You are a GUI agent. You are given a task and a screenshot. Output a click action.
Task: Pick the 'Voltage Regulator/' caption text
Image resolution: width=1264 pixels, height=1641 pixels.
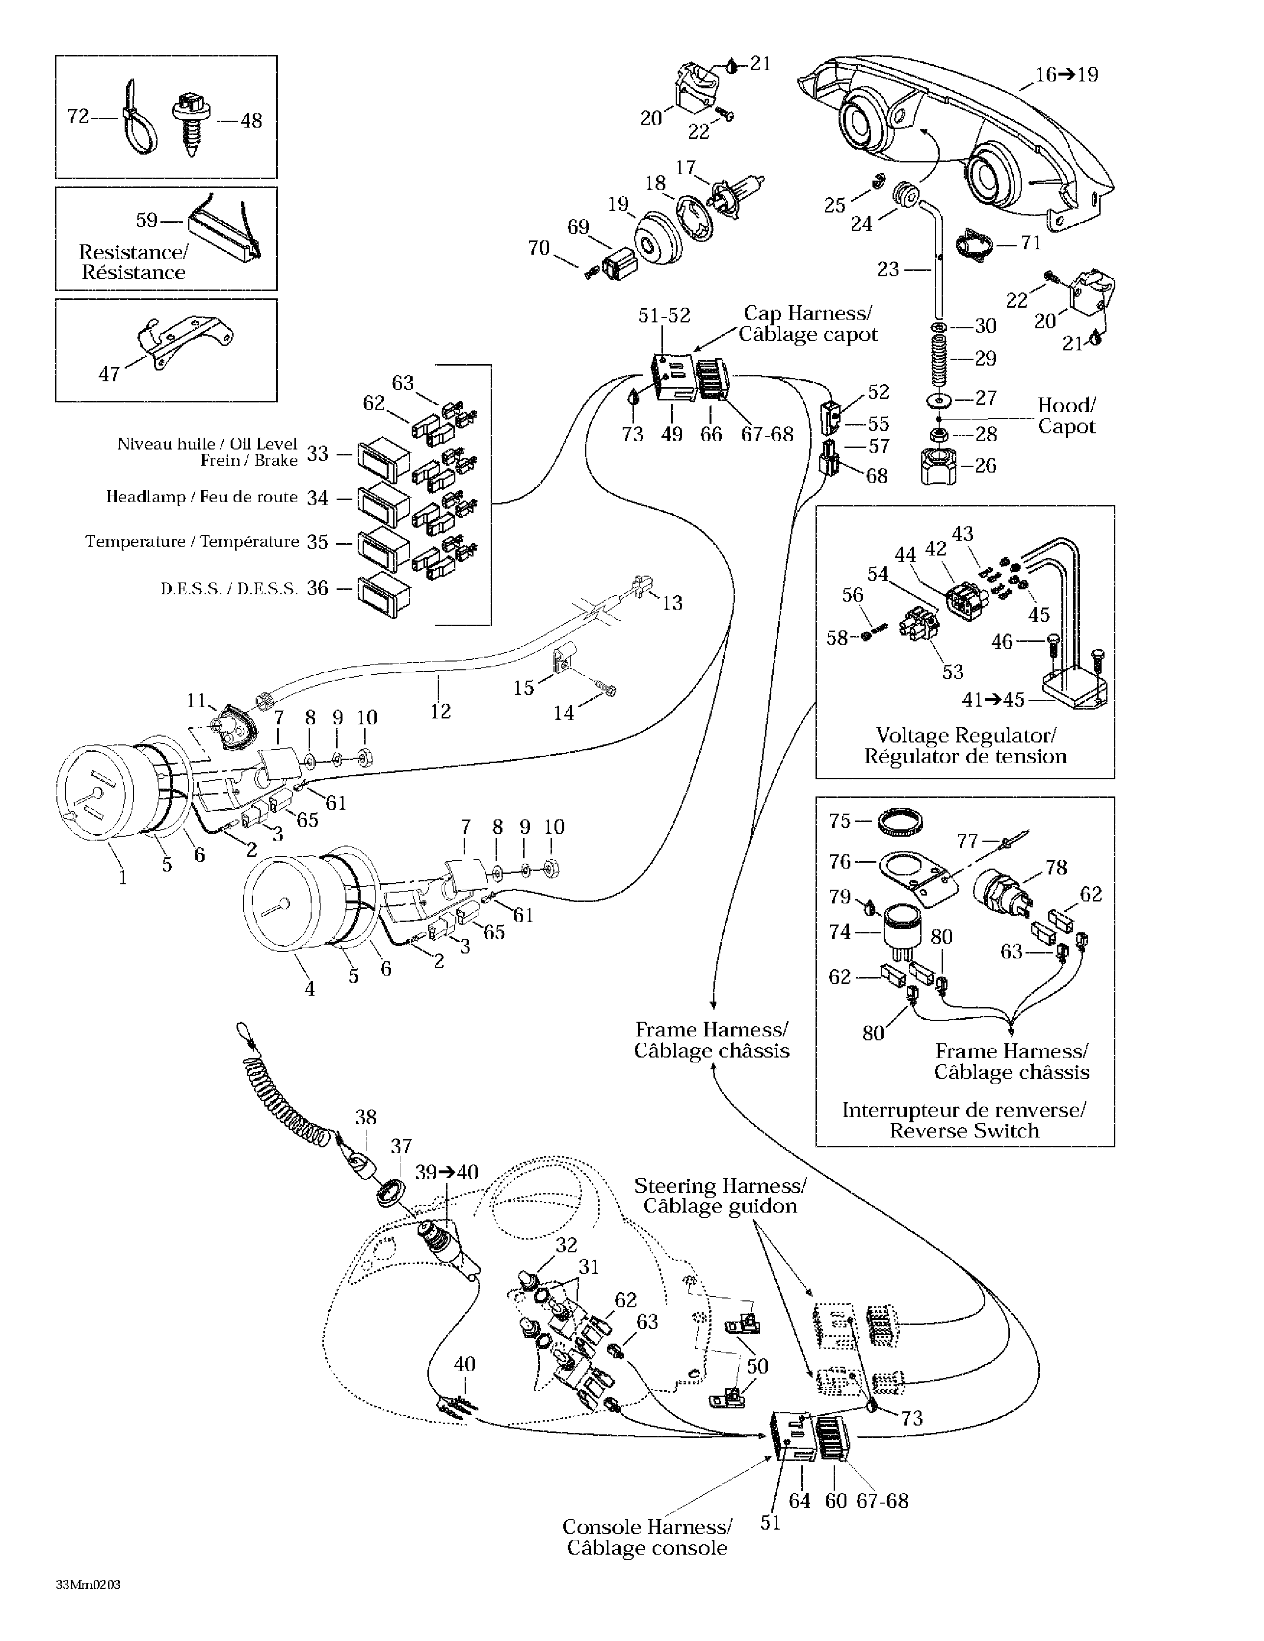click(966, 736)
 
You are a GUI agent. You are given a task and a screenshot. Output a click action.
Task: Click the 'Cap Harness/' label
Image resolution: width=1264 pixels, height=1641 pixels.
click(808, 313)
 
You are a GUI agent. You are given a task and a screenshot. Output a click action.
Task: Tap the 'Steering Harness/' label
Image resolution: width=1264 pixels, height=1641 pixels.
click(720, 1186)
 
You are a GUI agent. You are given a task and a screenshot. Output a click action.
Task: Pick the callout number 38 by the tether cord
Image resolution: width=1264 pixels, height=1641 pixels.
click(366, 1117)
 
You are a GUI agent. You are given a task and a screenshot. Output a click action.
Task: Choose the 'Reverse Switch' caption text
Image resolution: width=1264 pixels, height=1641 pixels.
click(964, 1131)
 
